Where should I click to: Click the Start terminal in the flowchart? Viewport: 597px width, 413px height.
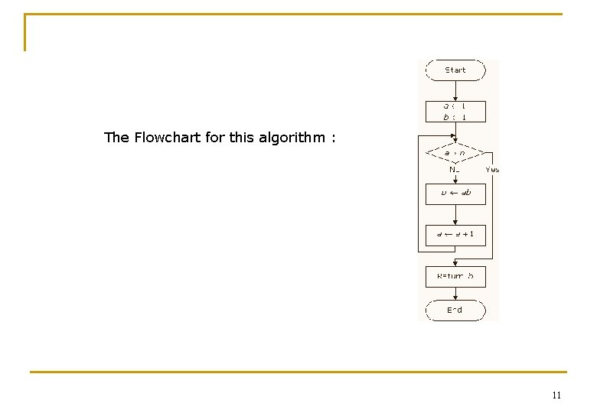[x=455, y=70]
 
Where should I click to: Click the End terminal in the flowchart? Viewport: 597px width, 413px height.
[x=455, y=310]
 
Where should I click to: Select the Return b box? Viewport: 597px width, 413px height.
[x=455, y=276]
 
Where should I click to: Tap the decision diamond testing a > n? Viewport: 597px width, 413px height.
[x=455, y=152]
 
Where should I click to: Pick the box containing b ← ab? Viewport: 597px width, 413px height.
[x=455, y=193]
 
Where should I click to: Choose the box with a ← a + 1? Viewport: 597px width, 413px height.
[x=455, y=234]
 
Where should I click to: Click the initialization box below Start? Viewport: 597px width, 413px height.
[x=455, y=112]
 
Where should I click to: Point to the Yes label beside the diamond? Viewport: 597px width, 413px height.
[x=492, y=170]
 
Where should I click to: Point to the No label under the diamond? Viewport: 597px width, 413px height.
[x=454, y=170]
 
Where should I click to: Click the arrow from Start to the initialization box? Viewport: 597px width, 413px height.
[x=455, y=91]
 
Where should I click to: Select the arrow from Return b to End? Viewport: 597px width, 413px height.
[x=455, y=294]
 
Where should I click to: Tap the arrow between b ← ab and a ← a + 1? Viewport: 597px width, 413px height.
[x=455, y=214]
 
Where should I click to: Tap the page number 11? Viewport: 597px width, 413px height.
[x=556, y=395]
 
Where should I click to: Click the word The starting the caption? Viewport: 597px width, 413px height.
[x=116, y=138]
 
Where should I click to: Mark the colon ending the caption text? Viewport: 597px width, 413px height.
[x=333, y=138]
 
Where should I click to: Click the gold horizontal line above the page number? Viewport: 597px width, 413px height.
[x=298, y=372]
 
